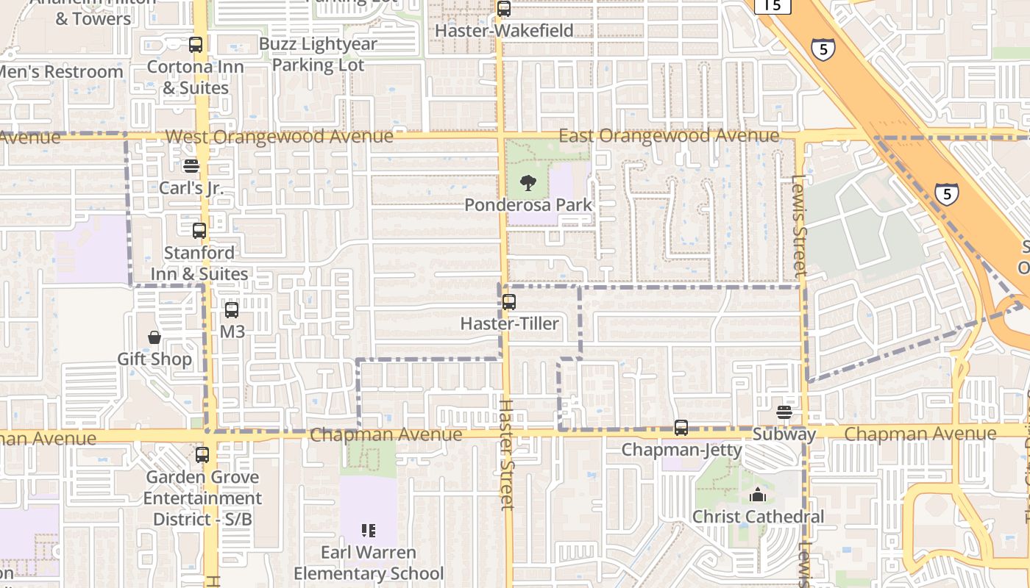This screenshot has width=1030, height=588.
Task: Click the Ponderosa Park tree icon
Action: (x=528, y=183)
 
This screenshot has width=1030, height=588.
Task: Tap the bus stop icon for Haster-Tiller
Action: (x=508, y=301)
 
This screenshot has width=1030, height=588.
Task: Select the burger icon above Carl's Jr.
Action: (x=191, y=166)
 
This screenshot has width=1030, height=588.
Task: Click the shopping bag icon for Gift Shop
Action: (x=154, y=337)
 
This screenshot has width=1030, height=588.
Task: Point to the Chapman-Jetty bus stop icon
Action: (x=681, y=427)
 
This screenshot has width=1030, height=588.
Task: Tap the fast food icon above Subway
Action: (x=784, y=412)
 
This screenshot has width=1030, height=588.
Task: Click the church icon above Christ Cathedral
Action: (x=758, y=495)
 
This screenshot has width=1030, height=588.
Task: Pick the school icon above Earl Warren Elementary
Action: (x=369, y=531)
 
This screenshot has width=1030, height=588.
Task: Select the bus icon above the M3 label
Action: (x=232, y=310)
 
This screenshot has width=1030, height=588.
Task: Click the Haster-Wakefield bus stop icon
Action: (x=503, y=9)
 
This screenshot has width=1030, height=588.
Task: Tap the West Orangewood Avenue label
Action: (x=279, y=137)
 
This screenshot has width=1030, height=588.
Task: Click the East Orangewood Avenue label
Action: (x=669, y=136)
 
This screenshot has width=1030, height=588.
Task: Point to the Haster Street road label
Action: (x=507, y=453)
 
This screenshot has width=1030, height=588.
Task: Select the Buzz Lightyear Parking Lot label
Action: (x=318, y=54)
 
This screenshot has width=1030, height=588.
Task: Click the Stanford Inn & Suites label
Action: (x=199, y=263)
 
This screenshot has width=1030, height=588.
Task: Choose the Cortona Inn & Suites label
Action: (x=195, y=77)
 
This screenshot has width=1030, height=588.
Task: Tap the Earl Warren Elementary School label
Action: (x=369, y=563)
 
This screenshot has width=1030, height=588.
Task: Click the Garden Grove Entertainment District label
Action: (x=202, y=498)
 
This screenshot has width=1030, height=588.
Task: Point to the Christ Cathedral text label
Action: (x=758, y=517)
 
